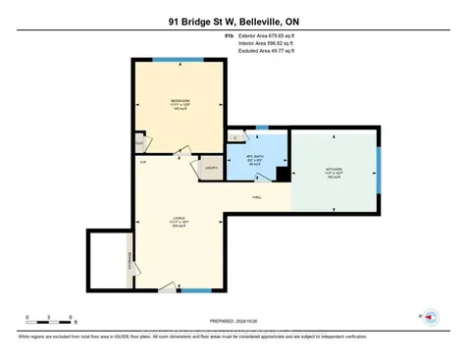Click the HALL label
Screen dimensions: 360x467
[257, 198]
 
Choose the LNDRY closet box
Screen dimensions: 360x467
[211, 169]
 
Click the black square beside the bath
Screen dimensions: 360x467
[283, 174]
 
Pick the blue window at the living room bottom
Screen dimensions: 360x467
[196, 291]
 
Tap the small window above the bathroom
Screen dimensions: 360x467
[261, 128]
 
